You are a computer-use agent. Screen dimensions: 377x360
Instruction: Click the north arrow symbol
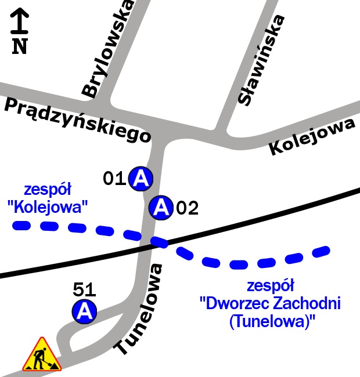(20, 20)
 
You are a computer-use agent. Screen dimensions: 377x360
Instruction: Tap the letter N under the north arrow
(20, 46)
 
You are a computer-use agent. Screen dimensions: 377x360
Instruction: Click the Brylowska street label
(108, 49)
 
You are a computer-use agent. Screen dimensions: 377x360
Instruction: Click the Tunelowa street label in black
(139, 309)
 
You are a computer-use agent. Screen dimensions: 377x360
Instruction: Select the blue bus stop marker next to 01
(141, 179)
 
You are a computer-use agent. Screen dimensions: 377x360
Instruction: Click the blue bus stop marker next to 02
(161, 206)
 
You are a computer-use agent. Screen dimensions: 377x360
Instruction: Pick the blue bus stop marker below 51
(85, 312)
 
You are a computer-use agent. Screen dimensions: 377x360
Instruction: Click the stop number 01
(114, 179)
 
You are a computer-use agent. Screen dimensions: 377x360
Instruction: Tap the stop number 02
(187, 208)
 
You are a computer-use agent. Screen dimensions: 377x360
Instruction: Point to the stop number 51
(85, 289)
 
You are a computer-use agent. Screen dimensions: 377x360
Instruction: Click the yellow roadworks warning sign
(42, 356)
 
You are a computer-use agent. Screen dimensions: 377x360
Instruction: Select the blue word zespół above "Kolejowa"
(48, 190)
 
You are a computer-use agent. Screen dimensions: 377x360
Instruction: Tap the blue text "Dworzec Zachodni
(270, 303)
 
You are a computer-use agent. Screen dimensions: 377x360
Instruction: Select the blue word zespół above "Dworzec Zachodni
(271, 286)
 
